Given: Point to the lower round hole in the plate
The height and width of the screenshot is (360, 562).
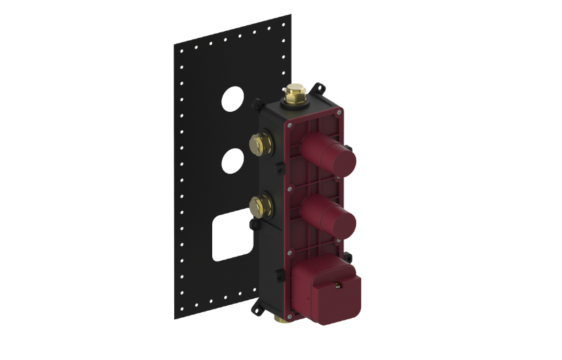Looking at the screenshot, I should pos(231,162).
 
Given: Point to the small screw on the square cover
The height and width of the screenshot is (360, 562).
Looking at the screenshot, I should pos(339,285).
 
